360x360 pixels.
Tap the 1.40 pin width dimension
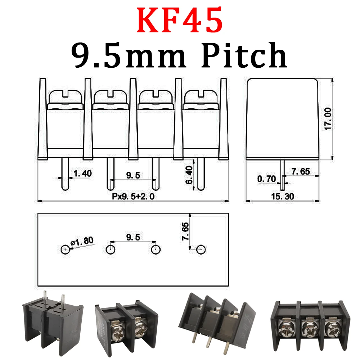point(82,174)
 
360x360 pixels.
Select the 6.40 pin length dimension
point(189,175)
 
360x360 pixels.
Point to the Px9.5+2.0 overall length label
point(133,197)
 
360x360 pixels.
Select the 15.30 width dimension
point(283,197)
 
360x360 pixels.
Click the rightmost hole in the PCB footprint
point(201,249)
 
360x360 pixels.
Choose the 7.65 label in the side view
point(301,172)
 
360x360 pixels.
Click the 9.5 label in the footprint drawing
point(133,237)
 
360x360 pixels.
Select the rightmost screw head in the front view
point(201,98)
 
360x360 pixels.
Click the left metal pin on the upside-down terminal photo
point(45,300)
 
